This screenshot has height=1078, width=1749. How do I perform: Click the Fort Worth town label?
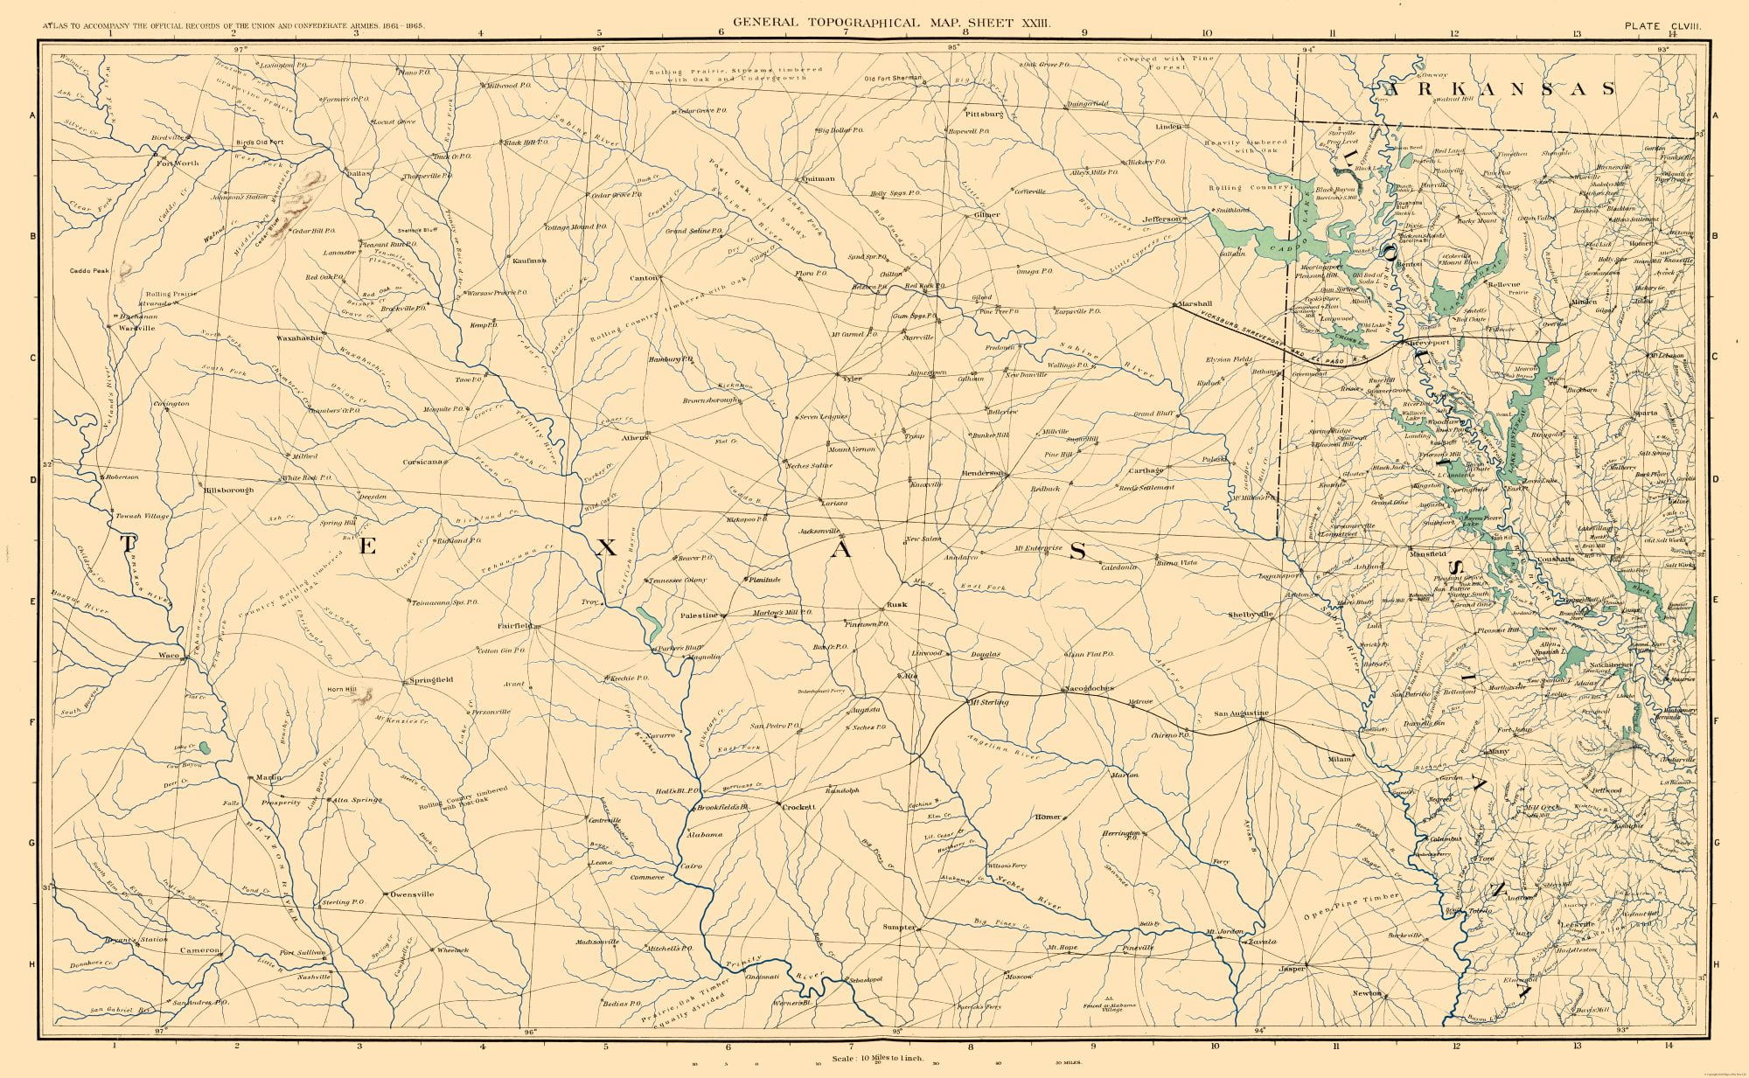[178, 163]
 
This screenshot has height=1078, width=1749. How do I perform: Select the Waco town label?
[168, 654]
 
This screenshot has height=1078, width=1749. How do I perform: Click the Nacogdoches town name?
[1089, 689]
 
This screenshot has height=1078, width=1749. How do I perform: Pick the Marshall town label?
[1195, 303]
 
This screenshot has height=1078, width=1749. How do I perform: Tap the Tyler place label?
[853, 379]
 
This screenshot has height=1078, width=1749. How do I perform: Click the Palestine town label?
[700, 616]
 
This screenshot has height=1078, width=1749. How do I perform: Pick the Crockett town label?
[798, 807]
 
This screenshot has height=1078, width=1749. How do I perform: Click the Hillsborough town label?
[228, 490]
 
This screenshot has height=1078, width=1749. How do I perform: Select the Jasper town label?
[1292, 969]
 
